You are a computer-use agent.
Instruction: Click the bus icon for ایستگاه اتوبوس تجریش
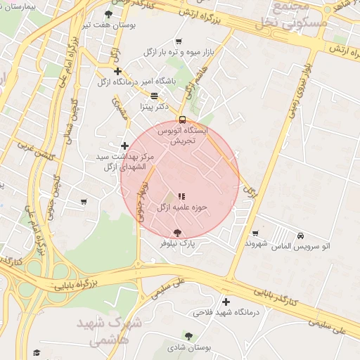pyautogui.click(x=182, y=120)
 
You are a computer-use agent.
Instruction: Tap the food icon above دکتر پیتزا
pyautogui.click(x=154, y=96)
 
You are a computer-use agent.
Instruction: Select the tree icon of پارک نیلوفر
pyautogui.click(x=176, y=232)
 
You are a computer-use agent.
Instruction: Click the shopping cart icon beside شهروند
pyautogui.click(x=255, y=233)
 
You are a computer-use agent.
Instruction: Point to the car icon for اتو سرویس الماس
pyautogui.click(x=301, y=235)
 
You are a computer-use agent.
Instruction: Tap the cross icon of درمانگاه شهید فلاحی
pyautogui.click(x=226, y=301)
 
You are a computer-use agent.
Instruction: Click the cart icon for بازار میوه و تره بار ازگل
pyautogui.click(x=178, y=41)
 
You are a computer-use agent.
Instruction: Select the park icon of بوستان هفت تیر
pyautogui.click(x=108, y=13)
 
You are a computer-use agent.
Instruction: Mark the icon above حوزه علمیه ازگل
pyautogui.click(x=181, y=197)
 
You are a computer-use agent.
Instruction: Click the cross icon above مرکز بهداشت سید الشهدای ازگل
pyautogui.click(x=125, y=146)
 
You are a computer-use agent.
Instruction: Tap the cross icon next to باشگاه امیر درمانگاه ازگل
pyautogui.click(x=117, y=71)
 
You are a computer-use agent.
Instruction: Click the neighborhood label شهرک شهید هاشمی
pyautogui.click(x=117, y=331)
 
